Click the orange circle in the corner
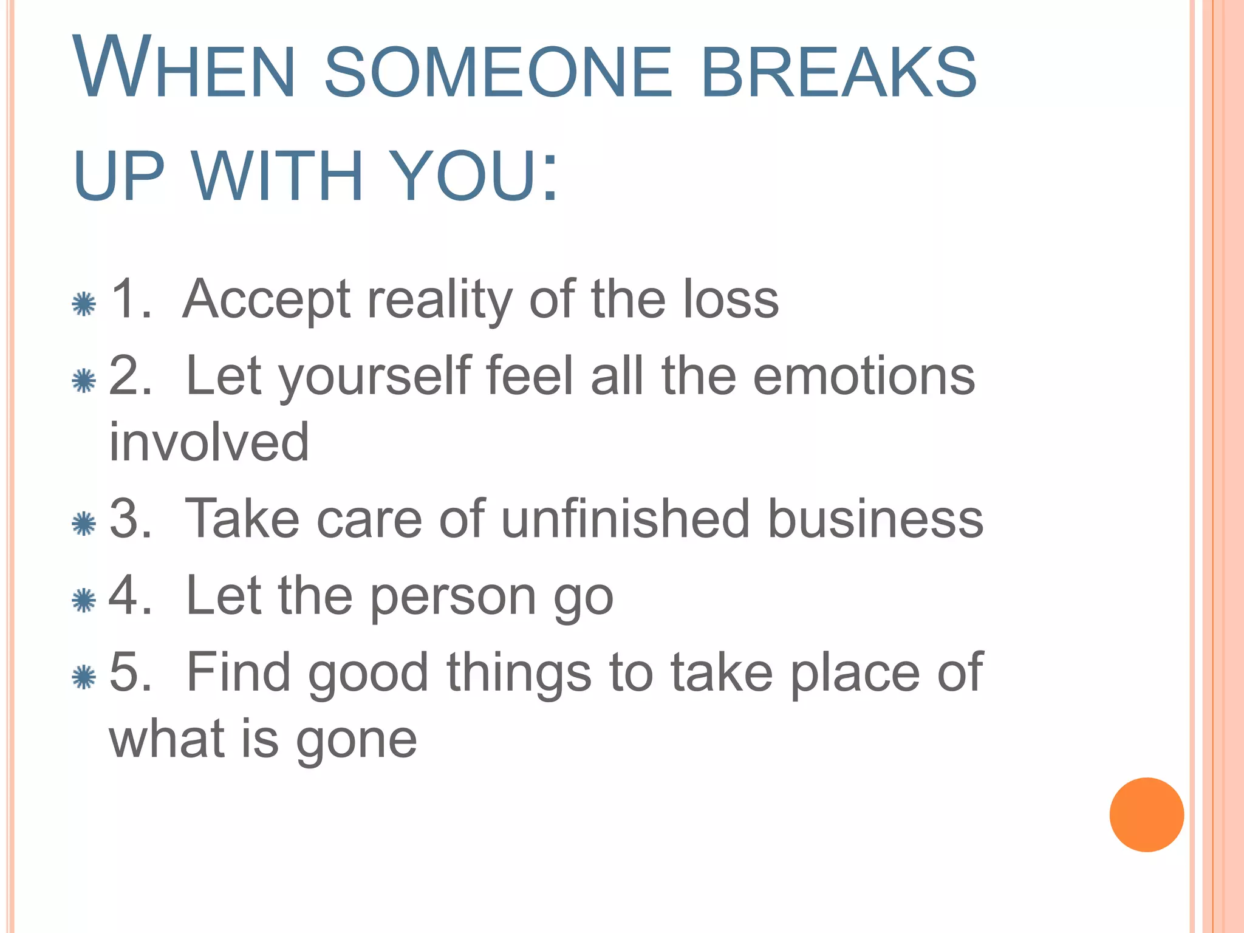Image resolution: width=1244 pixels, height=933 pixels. (1146, 815)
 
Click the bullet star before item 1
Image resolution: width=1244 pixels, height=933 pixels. (84, 304)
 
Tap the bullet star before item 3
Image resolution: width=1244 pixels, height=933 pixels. (84, 524)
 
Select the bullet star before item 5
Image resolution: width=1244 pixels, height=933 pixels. (84, 677)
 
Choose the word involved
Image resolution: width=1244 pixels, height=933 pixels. (209, 442)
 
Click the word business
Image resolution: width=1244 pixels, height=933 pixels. (875, 519)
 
